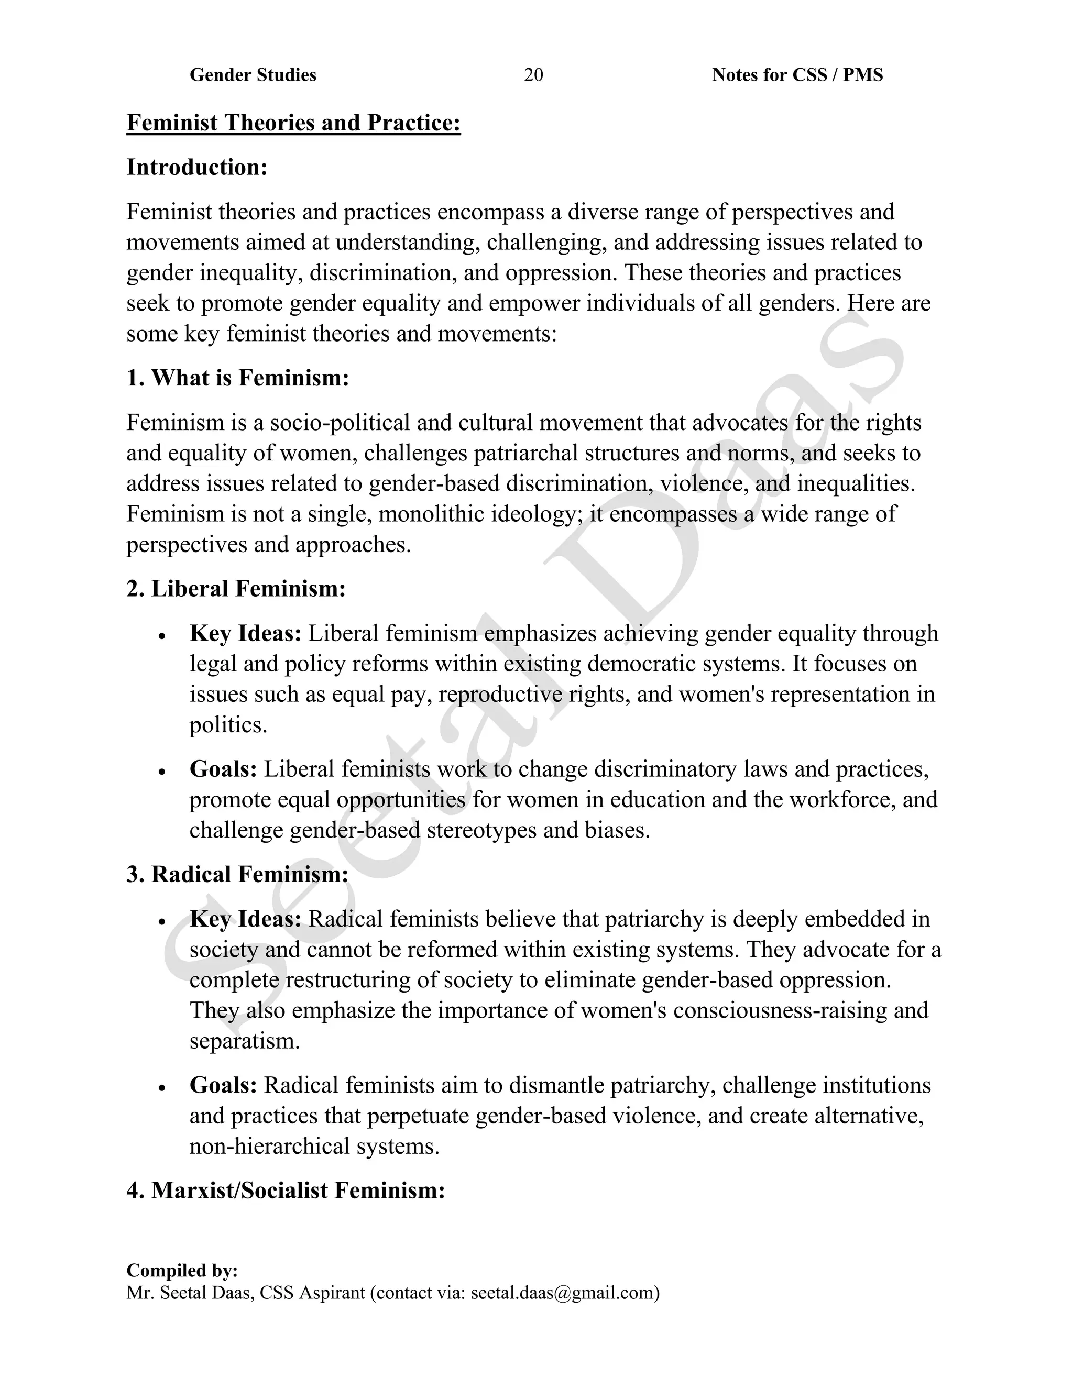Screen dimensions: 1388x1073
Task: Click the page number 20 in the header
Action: (533, 75)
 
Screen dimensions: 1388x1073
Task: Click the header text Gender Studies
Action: (253, 75)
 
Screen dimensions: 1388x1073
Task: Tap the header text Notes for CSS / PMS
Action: (797, 75)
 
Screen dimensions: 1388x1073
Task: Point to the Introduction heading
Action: (197, 167)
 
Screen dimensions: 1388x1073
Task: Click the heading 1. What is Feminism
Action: (238, 378)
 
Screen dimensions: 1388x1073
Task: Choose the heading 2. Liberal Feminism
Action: (236, 589)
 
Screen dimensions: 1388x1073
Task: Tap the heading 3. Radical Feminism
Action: (237, 875)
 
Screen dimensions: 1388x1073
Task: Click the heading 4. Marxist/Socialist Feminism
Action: (286, 1191)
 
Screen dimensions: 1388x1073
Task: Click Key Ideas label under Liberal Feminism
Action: (245, 634)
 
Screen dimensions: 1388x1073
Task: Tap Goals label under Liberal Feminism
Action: (223, 769)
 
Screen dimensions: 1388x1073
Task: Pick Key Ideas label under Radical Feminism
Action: (245, 919)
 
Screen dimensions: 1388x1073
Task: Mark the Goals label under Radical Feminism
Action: (223, 1085)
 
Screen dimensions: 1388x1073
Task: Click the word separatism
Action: (244, 1041)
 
